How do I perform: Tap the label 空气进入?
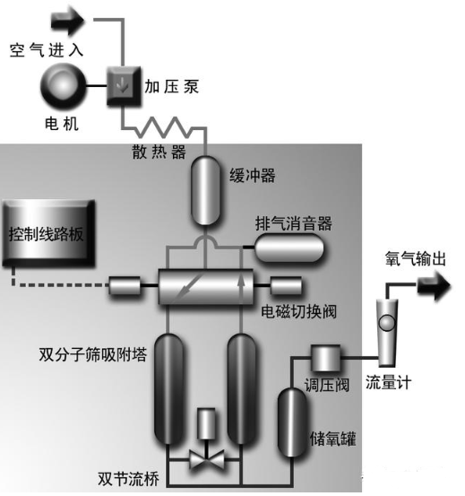click(x=46, y=49)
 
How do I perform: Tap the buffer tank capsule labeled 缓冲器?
click(x=205, y=190)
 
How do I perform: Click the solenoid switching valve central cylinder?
click(x=205, y=287)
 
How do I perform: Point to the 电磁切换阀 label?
click(x=295, y=313)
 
